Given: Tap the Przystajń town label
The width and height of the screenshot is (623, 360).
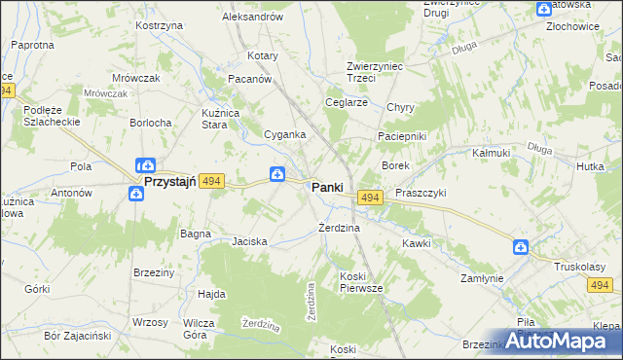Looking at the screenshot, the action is [x=170, y=181].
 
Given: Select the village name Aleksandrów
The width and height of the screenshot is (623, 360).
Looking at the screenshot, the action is [x=252, y=17].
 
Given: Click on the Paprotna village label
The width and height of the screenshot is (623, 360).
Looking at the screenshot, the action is [x=32, y=45].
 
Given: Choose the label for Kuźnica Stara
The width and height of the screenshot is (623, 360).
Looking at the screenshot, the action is [x=220, y=119].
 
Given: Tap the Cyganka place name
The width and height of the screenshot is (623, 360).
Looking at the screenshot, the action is [x=286, y=134].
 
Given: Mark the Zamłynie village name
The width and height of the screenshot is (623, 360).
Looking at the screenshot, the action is [x=482, y=278].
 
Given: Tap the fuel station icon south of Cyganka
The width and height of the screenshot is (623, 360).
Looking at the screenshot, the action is [x=277, y=174].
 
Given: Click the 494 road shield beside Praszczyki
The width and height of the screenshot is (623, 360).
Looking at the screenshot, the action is [x=369, y=198].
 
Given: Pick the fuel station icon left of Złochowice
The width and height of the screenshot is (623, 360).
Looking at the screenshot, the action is [x=543, y=9].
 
